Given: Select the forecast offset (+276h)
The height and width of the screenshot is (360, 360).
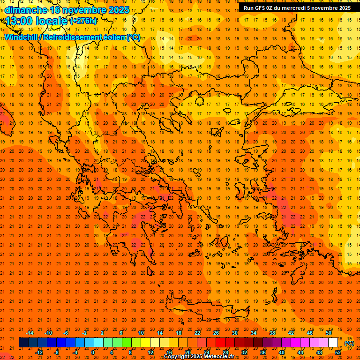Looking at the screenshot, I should tap(83, 21).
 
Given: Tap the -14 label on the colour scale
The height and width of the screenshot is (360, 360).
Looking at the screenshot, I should tap(30, 333).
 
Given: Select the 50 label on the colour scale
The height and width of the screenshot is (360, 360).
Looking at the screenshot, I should tap(329, 333).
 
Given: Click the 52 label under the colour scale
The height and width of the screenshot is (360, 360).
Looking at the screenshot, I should tap(338, 352).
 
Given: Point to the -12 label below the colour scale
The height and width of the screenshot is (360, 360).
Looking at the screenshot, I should tap(39, 352).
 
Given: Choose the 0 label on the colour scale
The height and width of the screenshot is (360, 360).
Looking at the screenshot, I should tap(92, 352).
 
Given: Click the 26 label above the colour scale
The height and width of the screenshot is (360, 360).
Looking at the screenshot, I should tap(216, 333).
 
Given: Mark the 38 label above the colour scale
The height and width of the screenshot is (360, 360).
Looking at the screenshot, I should tap(272, 333).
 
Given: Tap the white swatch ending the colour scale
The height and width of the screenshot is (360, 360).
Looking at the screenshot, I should tap(333, 343).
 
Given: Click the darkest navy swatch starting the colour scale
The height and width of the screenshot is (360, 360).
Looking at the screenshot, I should tap(24, 343).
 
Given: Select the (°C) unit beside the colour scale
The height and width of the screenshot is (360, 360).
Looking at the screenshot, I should tap(349, 343).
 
